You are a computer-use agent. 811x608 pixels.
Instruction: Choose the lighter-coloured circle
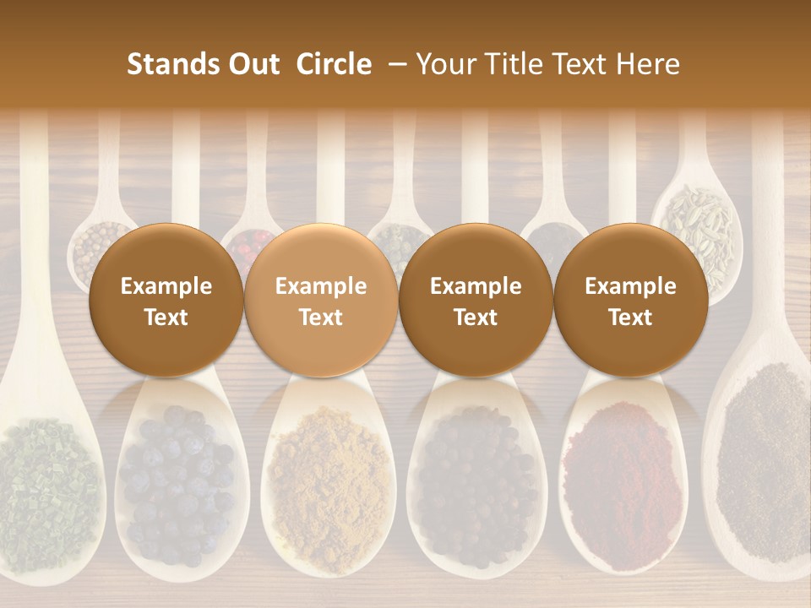[320, 301]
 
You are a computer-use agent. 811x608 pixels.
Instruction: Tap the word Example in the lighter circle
[320, 286]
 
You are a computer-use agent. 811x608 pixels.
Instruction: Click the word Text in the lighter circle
[320, 318]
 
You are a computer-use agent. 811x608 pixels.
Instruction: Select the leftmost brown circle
[166, 301]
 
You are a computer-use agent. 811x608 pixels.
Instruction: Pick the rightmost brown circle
[630, 301]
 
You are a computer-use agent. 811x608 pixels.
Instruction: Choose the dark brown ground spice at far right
[765, 456]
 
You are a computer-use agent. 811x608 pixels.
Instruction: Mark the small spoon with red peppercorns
[252, 240]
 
